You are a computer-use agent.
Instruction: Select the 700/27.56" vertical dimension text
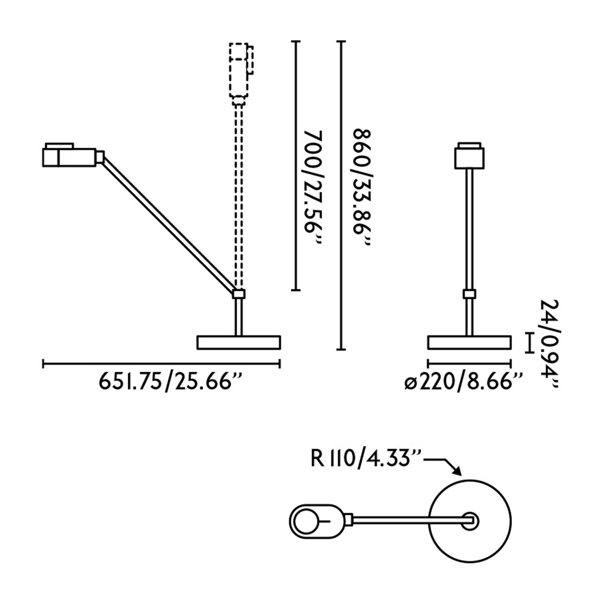[313, 187]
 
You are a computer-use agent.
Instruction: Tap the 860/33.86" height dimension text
[362, 187]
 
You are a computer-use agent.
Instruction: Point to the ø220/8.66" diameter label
[464, 382]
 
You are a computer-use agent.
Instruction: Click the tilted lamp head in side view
[71, 157]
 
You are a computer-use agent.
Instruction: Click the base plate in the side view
[239, 342]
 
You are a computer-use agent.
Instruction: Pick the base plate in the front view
[469, 342]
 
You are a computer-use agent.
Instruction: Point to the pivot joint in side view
[239, 294]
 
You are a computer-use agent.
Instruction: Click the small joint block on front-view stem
[469, 294]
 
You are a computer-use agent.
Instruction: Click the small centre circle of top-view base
[470, 521]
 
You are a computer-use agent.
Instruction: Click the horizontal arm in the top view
[406, 520]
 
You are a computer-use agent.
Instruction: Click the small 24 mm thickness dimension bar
[530, 342]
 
